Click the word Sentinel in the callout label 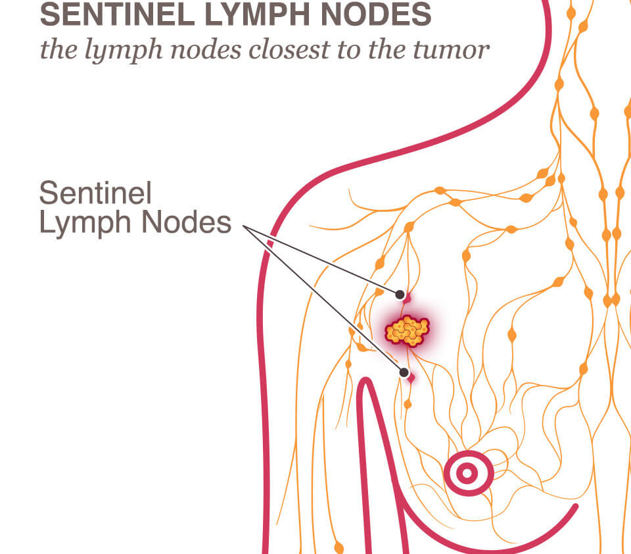(x=95, y=193)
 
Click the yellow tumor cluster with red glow (x=408, y=330)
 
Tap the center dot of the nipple (x=468, y=473)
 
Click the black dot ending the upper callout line (x=399, y=294)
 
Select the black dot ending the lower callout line (x=403, y=373)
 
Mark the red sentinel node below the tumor (x=411, y=378)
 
